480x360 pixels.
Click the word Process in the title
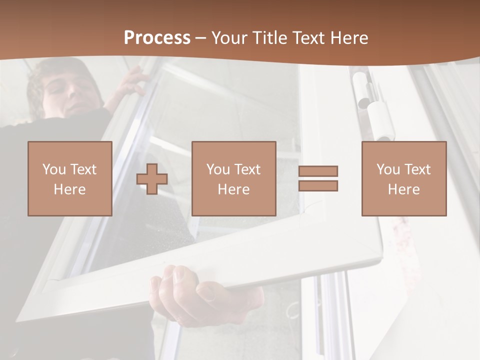point(157,37)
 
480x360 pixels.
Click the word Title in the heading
point(270,37)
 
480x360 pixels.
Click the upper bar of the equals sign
point(318,171)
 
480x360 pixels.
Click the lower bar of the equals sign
point(318,186)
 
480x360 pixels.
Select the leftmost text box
point(69,178)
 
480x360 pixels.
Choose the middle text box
point(233,178)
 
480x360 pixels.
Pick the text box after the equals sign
point(403,178)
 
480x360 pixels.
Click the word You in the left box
point(53,169)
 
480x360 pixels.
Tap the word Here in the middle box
point(233,189)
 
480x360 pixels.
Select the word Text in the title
point(308,37)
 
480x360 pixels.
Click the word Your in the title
point(229,37)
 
